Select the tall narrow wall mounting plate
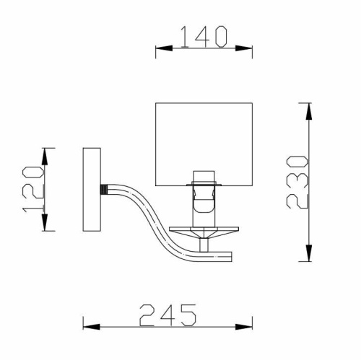click(92, 189)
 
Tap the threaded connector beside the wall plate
click(106, 189)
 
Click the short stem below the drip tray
click(205, 245)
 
